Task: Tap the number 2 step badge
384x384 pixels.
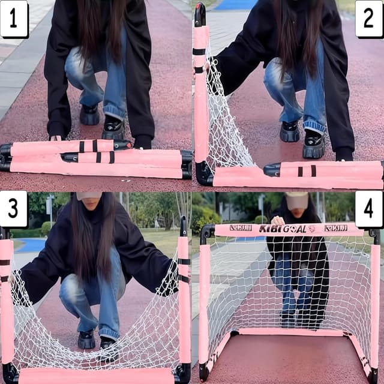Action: pos(368,19)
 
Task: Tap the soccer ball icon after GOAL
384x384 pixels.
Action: pos(311,229)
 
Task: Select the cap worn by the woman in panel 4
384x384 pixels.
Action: pos(296,200)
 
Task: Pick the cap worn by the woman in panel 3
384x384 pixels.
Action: pos(89,196)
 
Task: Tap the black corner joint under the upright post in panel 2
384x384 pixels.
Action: pos(203,173)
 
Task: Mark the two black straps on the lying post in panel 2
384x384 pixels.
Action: pos(305,170)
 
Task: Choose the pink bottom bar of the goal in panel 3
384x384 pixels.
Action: pos(96,376)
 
